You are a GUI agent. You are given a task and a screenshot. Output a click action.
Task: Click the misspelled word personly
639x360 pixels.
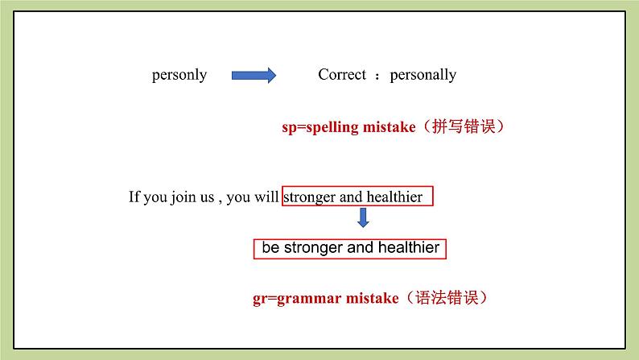pos(179,76)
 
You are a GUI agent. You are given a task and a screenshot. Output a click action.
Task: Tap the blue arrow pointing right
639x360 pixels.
pos(254,76)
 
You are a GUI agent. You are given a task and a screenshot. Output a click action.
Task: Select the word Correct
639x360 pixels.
pos(342,74)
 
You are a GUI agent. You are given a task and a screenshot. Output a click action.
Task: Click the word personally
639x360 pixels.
pos(423,76)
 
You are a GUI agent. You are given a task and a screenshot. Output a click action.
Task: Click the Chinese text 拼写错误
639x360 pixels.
pos(464,126)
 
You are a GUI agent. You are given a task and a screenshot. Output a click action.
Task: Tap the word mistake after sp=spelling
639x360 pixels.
pos(390,126)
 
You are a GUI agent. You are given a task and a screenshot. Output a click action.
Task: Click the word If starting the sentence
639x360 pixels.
pos(134,197)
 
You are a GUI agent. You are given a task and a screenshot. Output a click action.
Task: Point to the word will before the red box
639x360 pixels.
pos(266,197)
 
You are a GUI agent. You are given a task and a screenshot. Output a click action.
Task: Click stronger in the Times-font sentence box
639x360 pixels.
pos(309,197)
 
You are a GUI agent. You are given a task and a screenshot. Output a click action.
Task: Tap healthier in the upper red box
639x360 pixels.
pos(394,197)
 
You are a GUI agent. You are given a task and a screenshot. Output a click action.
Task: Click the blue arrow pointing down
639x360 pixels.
pos(363,217)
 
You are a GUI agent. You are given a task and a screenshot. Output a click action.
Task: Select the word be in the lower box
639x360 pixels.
pos(270,247)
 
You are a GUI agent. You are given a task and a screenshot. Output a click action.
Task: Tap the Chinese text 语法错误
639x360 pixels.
pos(447,298)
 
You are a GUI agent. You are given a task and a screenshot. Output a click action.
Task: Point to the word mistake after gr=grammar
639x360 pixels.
pos(372,298)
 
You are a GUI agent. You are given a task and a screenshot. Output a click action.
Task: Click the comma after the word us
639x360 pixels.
pos(220,201)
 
